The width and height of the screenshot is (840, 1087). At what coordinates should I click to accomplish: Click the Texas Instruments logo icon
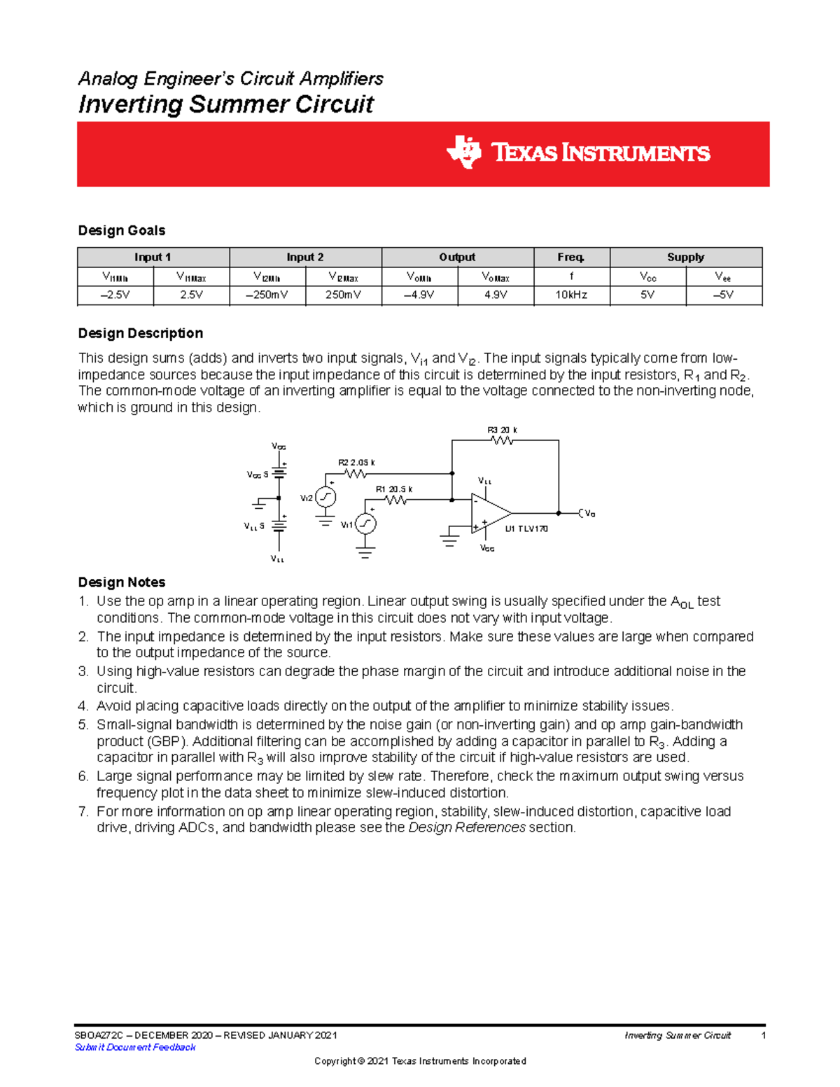coord(464,153)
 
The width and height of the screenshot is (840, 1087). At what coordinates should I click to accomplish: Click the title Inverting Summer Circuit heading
coord(225,104)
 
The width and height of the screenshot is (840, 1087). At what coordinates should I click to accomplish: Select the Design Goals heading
coord(122,230)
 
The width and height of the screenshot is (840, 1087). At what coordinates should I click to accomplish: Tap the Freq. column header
coord(571,257)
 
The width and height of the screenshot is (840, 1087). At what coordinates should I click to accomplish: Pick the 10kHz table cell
coord(571,295)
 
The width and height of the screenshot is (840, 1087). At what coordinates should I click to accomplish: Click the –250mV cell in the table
coord(267,295)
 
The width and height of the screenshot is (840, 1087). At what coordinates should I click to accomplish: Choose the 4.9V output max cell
coord(496,295)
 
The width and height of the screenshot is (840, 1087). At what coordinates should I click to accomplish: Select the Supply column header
coord(685,257)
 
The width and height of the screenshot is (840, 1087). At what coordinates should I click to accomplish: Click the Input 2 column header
coord(305,257)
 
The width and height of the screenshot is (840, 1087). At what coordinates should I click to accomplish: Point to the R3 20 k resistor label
coord(502,430)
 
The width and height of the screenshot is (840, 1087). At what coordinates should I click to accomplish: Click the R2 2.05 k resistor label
coord(356,463)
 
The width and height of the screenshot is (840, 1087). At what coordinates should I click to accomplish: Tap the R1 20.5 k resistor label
coord(394,489)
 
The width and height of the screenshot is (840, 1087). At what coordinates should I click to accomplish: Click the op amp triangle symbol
coord(489,514)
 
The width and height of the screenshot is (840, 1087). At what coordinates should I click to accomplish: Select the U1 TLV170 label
coord(526,529)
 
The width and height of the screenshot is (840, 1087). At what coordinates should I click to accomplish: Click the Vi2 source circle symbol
coord(325,497)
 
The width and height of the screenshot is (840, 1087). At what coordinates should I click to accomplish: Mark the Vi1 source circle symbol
coord(365,524)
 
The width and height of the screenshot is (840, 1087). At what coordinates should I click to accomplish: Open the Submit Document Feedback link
coord(135,1047)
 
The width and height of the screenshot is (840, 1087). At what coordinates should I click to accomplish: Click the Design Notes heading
coord(122,582)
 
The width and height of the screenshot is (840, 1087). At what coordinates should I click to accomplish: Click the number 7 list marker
coord(83,811)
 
